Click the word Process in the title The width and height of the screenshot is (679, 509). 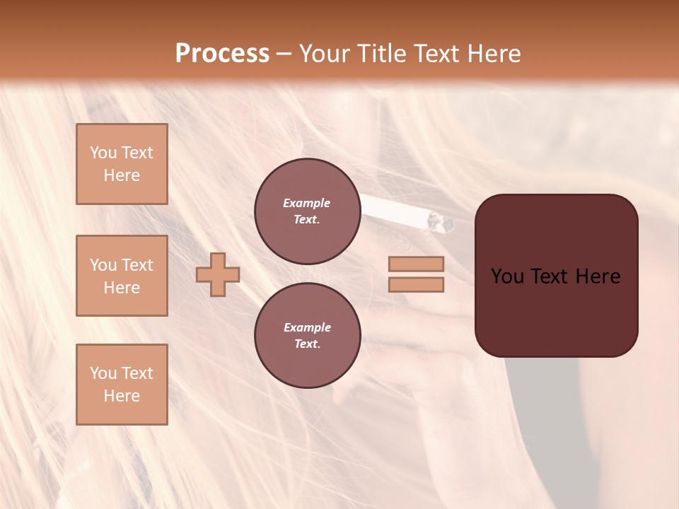click(222, 54)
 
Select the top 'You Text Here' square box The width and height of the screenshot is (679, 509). click(122, 164)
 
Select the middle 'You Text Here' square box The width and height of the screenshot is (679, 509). click(122, 276)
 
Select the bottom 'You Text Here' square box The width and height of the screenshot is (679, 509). click(122, 385)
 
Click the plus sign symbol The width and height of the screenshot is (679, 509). click(218, 274)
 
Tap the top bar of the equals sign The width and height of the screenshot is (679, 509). click(416, 264)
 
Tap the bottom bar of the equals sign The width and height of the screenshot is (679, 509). click(416, 284)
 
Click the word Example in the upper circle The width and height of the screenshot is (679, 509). click(307, 203)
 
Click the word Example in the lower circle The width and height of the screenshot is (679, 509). click(307, 327)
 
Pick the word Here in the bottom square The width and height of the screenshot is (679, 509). click(122, 396)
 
